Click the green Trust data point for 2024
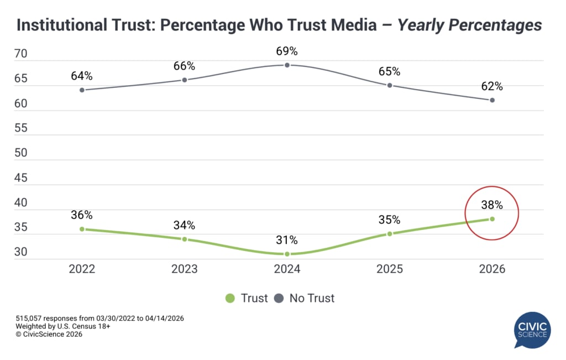coord(287,254)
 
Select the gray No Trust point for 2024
coord(287,65)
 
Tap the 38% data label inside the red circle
coord(491,205)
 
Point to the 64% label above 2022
coord(82,76)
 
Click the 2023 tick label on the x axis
coord(184,269)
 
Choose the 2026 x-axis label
coord(491,269)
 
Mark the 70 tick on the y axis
coord(21,54)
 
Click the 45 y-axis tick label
coord(21,178)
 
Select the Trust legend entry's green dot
coord(230,299)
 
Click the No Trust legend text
coord(312,299)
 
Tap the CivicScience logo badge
coord(532,330)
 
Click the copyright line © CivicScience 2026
coord(49,334)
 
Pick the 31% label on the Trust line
coord(287,240)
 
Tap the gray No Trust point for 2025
coord(390,85)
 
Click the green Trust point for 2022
coord(82,229)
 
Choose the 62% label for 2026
coord(491,86)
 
